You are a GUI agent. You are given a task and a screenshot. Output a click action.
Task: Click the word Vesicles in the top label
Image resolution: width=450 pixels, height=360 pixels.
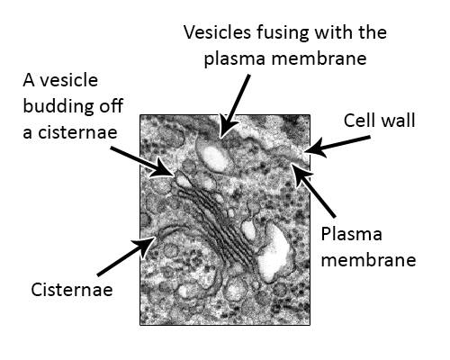point(217,32)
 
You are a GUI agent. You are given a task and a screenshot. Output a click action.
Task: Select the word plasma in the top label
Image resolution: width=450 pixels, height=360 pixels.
point(235,58)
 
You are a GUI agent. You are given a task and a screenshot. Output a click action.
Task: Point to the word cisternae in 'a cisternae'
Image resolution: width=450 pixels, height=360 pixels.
point(77,132)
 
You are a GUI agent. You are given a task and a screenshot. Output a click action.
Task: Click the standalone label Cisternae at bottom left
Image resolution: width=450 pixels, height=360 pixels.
point(72,290)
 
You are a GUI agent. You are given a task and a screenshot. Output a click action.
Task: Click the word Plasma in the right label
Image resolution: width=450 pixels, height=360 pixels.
point(352,235)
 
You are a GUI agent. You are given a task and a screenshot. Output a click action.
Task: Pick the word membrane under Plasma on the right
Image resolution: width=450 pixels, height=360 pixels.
point(369,259)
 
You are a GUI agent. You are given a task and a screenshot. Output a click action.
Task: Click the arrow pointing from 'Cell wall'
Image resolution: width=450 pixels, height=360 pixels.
point(337,146)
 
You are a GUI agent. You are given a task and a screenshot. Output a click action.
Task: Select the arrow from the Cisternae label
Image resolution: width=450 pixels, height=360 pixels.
point(127,256)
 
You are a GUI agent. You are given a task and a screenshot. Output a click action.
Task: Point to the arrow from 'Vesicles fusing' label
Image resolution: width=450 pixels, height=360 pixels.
point(235,106)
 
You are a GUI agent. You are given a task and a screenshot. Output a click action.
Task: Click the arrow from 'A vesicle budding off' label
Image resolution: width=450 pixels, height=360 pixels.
point(141,162)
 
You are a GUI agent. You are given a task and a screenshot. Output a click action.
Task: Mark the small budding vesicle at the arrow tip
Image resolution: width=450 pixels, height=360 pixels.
point(183,181)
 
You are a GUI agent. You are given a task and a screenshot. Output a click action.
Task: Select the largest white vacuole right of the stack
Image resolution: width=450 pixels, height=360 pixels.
point(273,252)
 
